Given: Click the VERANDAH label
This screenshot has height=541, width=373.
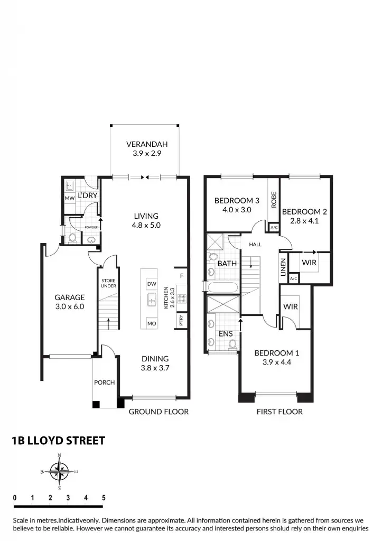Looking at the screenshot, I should coord(144,144).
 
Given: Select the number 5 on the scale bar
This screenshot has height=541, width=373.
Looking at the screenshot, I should coord(104,498).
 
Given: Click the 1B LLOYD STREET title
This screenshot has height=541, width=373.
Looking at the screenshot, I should coord(59,441).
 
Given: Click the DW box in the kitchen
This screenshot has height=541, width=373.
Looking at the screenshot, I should coord(152,284).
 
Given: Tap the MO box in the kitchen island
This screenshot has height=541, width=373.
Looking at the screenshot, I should coord(152,323).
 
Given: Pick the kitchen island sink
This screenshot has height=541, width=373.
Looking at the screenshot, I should coord(152,301).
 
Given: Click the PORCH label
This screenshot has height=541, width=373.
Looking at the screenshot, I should coord(104,383).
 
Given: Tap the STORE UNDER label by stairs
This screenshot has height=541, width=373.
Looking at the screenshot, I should coord(108,283).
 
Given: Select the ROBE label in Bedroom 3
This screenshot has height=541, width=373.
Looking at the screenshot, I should coord(274,199).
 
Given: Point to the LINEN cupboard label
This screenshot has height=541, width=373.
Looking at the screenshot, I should coord(283,266).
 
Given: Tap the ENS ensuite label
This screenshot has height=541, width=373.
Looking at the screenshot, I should coord(226,333).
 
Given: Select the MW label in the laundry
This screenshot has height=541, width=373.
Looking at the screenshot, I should coord(69,199).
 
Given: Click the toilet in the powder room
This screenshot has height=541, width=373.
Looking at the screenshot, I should coord(72,239).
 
